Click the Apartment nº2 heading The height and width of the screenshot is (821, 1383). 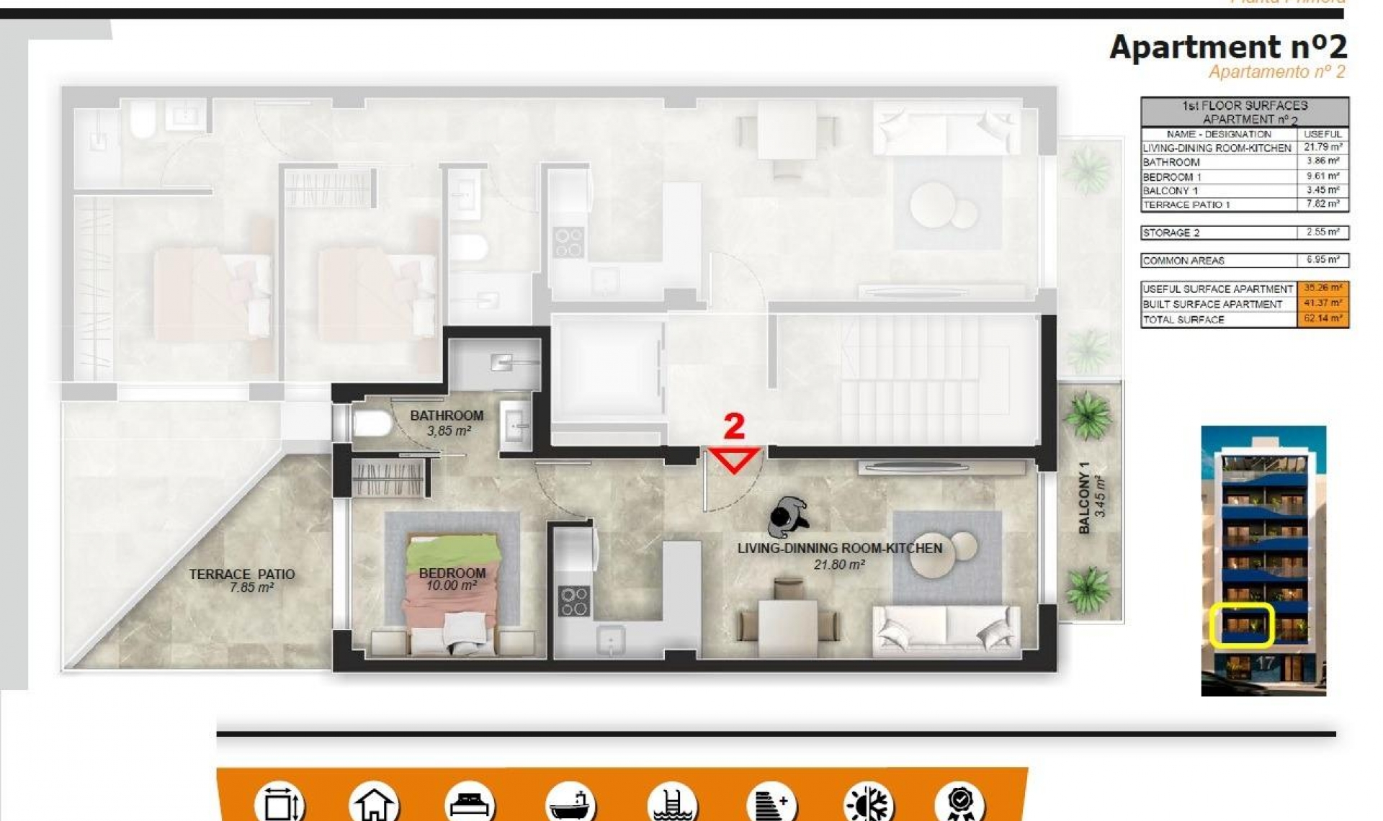(1227, 48)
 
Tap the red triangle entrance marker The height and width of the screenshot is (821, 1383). (734, 459)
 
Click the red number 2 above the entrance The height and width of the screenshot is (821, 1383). (733, 426)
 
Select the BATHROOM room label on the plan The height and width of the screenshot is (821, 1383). (447, 416)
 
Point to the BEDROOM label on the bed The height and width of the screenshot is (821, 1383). (452, 573)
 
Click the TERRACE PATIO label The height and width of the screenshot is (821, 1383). (242, 574)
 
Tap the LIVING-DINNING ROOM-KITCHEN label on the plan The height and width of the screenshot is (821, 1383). (839, 548)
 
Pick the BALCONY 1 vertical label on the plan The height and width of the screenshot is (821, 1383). (1084, 498)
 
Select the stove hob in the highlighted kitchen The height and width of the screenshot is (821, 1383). (574, 601)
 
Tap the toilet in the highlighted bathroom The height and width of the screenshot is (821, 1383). (370, 423)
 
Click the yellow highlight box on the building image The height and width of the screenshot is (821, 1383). (1242, 625)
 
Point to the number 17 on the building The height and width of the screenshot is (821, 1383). (1265, 663)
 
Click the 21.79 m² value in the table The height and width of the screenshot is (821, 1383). (1322, 147)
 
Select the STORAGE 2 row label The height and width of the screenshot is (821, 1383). (1171, 233)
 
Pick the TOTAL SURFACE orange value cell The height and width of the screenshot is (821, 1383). (1322, 318)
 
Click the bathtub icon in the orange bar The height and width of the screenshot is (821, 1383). (570, 803)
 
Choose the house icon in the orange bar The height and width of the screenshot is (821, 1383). (374, 803)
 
